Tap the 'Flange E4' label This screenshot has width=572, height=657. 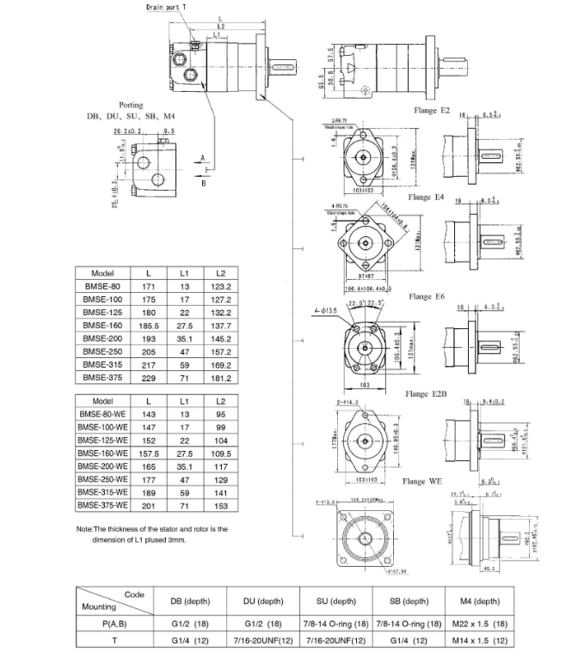point(427,198)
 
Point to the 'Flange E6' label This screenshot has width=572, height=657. point(427,296)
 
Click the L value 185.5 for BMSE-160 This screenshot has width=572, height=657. point(149,326)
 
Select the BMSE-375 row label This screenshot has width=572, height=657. point(101,376)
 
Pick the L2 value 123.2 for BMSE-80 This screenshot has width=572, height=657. point(220,285)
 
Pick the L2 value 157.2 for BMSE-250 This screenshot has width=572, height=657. point(220,351)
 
